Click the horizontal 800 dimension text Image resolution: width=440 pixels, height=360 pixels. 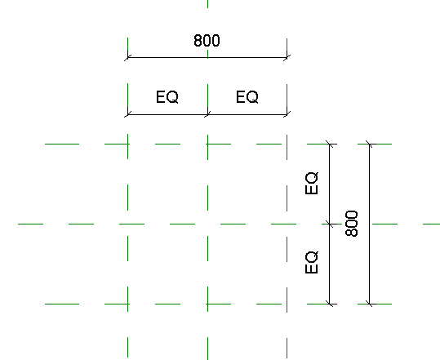click(x=207, y=40)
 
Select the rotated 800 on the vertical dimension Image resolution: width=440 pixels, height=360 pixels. click(x=352, y=224)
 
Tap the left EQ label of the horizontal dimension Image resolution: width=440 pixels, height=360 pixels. click(x=167, y=97)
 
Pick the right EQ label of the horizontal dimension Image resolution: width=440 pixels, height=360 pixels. click(x=247, y=97)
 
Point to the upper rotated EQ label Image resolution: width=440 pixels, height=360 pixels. click(x=312, y=183)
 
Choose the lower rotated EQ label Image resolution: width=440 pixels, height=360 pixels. click(x=312, y=262)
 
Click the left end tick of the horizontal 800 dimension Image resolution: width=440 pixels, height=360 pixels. click(x=127, y=57)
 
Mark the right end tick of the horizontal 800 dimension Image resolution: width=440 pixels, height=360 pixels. click(x=287, y=57)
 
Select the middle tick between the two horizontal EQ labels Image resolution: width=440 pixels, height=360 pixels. click(x=207, y=114)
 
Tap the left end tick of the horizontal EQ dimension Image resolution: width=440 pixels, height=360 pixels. click(x=127, y=114)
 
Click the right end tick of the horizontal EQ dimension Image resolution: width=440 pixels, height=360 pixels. click(x=287, y=114)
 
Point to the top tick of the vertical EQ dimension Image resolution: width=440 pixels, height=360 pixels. click(x=330, y=144)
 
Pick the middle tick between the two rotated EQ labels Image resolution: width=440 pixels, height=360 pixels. click(x=330, y=224)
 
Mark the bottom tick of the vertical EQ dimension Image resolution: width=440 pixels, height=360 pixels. click(x=330, y=304)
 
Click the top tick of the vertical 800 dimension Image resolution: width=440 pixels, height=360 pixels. click(x=369, y=144)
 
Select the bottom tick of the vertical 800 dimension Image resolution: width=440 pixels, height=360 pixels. click(x=369, y=304)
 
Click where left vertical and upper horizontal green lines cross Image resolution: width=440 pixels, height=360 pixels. click(x=127, y=144)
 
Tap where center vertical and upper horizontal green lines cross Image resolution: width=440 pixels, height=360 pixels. click(x=207, y=144)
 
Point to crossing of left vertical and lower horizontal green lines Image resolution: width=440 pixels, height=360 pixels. click(x=127, y=304)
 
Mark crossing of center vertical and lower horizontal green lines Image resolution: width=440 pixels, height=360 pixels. click(x=207, y=304)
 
